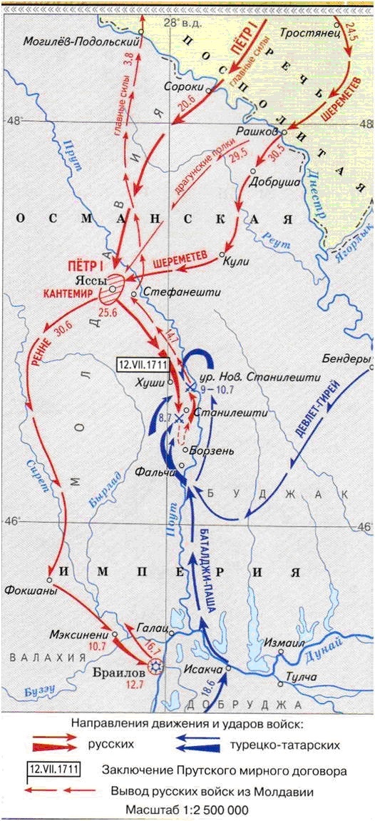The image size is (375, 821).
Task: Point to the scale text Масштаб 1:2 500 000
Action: point(187,811)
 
